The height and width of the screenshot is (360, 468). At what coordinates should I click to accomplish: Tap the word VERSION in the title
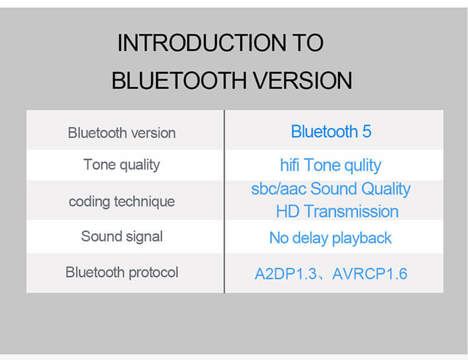click(303, 80)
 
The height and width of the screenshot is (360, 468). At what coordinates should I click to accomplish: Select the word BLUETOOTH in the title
click(179, 80)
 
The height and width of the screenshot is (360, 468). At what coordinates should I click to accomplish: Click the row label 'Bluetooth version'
click(122, 133)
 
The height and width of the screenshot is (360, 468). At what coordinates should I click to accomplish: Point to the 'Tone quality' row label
click(122, 165)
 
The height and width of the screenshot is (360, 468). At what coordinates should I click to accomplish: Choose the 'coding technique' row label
click(122, 202)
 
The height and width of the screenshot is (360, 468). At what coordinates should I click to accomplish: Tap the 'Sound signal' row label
click(122, 237)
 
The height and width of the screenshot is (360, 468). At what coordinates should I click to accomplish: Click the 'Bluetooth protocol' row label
click(122, 273)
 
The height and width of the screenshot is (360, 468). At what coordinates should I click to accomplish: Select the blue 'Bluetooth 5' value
click(331, 132)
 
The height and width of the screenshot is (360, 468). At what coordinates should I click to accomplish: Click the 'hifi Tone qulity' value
click(330, 166)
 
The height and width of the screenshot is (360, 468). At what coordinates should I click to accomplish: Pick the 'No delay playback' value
click(330, 238)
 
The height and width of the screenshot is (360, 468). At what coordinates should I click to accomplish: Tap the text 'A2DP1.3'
click(286, 274)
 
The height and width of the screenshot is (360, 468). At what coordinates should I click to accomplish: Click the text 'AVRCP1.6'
click(369, 274)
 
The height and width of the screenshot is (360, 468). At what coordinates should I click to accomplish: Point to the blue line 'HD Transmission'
click(337, 212)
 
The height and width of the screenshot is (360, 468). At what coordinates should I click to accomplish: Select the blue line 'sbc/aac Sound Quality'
click(331, 189)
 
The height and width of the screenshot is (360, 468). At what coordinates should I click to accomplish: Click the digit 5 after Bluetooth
click(366, 132)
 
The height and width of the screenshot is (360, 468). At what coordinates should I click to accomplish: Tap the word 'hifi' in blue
click(290, 165)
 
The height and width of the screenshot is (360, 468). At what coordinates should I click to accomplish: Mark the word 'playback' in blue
click(361, 238)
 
